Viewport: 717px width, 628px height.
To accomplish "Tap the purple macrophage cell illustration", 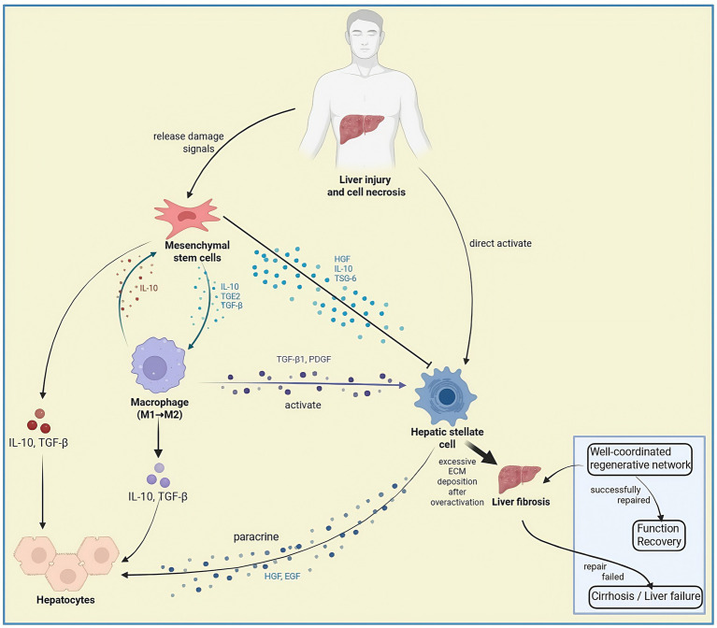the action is coord(159,365).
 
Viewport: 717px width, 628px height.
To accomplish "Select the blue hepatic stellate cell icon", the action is coord(445,395).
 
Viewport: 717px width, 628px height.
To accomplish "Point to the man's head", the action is coord(365,34).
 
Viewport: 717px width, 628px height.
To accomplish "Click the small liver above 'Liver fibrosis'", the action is coord(520,479).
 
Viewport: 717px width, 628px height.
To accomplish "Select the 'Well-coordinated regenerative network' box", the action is coord(639,459).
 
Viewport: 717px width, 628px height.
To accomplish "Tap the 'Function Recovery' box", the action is coord(658,535).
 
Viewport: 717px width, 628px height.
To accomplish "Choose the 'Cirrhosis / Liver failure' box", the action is coord(645,596).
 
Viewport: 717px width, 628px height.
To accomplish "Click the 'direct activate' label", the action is coord(500,244).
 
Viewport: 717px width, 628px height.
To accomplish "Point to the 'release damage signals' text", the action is coord(189,142).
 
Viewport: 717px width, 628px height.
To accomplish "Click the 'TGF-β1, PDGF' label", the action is coord(304,359).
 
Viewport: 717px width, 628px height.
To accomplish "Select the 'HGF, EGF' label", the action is coord(282,577).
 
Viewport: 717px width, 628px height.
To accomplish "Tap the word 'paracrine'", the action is coord(256,537).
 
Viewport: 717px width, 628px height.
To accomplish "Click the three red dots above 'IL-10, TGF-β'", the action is coord(39,421).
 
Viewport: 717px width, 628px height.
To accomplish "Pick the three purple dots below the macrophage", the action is coord(159,476).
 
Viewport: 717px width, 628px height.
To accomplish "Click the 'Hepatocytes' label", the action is coord(65,600).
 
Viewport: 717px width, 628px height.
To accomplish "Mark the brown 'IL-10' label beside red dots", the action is coord(149,288).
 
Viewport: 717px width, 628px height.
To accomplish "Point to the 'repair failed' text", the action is coord(603,572).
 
